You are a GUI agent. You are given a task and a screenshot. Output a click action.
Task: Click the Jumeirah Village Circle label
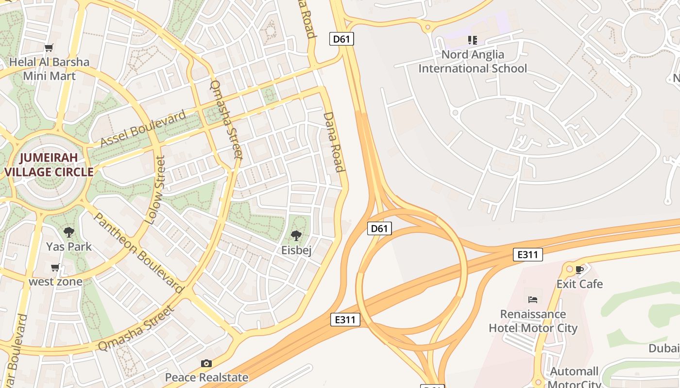coord(49,164)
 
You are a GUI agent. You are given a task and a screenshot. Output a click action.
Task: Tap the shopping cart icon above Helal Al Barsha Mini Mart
coord(49,48)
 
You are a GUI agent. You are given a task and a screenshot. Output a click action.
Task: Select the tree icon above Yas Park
coord(69,232)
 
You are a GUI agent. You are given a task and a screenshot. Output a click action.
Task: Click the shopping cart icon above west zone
coord(55,268)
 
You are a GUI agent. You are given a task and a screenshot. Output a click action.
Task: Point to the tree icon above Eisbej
coord(296,236)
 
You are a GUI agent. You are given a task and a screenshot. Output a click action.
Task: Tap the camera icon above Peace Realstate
coord(206,363)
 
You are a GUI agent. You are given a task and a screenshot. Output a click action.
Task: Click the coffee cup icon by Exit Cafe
coord(579,270)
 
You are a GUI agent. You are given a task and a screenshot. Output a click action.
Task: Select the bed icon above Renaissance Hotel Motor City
coord(533,300)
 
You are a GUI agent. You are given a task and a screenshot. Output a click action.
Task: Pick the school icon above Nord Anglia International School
coord(472,40)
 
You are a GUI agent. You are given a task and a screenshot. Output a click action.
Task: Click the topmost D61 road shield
coord(341,39)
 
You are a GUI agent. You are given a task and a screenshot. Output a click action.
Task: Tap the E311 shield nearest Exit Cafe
coord(527,254)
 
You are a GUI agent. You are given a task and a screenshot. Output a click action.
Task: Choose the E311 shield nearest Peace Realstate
coord(345,319)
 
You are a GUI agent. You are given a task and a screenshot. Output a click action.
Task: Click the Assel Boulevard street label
coord(143,129)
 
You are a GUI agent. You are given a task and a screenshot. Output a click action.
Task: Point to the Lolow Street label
coord(155,190)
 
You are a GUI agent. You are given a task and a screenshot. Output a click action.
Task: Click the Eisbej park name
coord(296,250)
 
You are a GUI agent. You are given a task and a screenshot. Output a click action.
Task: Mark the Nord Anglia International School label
coord(472,62)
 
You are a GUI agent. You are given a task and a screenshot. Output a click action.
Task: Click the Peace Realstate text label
coord(206,377)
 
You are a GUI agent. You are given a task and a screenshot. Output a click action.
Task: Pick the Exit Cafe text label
coord(579,284)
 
